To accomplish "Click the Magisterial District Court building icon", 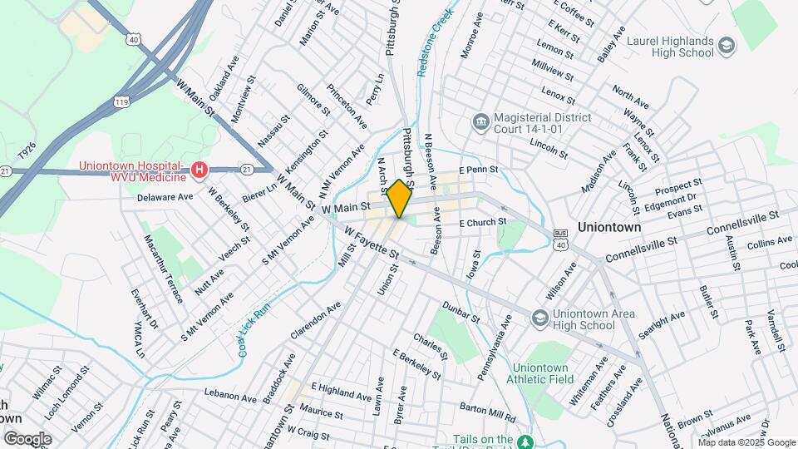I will pyautogui.click(x=480, y=123).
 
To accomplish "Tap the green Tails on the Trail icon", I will pyautogui.click(x=524, y=440).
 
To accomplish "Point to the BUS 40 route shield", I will pyautogui.click(x=561, y=240).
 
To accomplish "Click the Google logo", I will pyautogui.click(x=27, y=439).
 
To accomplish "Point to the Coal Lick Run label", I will pyautogui.click(x=255, y=330).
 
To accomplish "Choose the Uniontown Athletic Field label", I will pyautogui.click(x=544, y=373).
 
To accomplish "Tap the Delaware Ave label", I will pyautogui.click(x=165, y=197).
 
